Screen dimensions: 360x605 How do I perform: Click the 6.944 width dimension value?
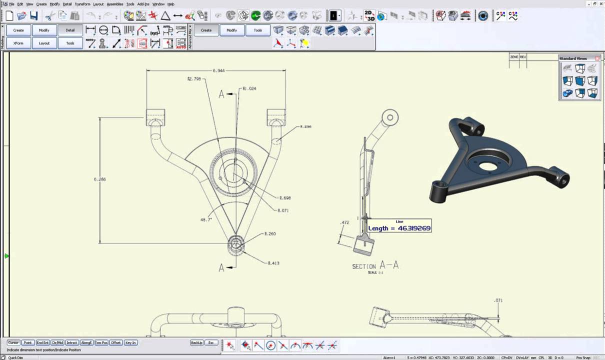pyautogui.click(x=218, y=70)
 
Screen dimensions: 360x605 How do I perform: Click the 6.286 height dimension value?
pyautogui.click(x=99, y=179)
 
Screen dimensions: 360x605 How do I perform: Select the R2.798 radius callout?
pyautogui.click(x=194, y=78)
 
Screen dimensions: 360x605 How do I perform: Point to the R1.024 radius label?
pyautogui.click(x=249, y=88)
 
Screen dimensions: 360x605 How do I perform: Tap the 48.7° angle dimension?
pyautogui.click(x=205, y=219)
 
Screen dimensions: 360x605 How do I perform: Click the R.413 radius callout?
pyautogui.click(x=273, y=263)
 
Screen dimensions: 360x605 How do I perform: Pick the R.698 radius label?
pyautogui.click(x=285, y=198)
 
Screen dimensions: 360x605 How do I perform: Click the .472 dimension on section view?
pyautogui.click(x=344, y=222)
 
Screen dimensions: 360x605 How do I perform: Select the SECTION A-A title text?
pyautogui.click(x=375, y=265)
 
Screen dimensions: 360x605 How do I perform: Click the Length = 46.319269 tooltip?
pyautogui.click(x=399, y=227)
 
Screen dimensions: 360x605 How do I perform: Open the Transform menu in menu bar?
pyautogui.click(x=82, y=4)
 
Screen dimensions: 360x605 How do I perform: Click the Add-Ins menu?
pyautogui.click(x=143, y=4)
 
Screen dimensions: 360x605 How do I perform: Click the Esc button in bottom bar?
pyautogui.click(x=211, y=342)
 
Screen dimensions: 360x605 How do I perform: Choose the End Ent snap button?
pyautogui.click(x=42, y=342)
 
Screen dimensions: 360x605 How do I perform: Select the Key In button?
pyautogui.click(x=130, y=342)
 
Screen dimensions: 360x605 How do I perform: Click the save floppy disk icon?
pyautogui.click(x=33, y=16)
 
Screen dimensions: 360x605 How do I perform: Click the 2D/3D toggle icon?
pyautogui.click(x=369, y=15)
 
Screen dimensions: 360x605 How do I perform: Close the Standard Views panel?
pyautogui.click(x=597, y=58)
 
